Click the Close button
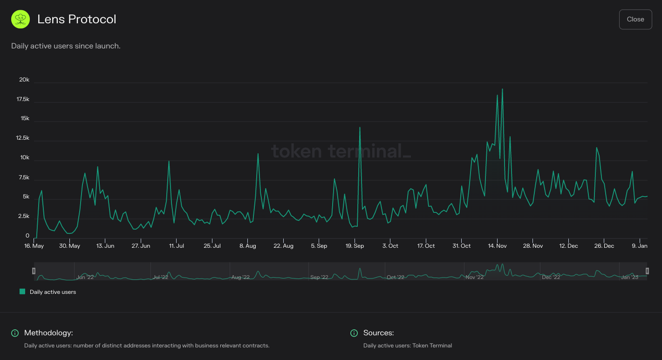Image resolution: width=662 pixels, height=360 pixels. tap(635, 19)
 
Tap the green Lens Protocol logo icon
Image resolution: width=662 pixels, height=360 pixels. tap(20, 20)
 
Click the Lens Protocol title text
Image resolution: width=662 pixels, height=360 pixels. tap(77, 19)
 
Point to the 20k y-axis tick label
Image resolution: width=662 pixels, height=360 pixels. tap(24, 80)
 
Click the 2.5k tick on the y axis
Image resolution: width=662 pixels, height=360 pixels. tap(23, 217)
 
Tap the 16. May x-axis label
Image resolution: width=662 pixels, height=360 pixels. tap(34, 246)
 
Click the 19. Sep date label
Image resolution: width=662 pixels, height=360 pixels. tap(355, 246)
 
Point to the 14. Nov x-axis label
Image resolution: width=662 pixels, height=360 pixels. tap(497, 246)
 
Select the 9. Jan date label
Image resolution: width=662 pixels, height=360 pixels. tap(640, 246)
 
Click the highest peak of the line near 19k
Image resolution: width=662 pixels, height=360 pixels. tap(502, 89)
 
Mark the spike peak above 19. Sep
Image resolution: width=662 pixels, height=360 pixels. tap(360, 128)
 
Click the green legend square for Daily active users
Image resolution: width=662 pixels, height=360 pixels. tap(22, 292)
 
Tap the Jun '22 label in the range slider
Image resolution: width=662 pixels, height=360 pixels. tap(85, 277)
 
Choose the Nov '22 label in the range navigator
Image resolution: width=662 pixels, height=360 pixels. tap(475, 277)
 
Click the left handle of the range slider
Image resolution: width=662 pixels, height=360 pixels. tap(34, 271)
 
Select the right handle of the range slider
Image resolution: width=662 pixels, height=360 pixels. tap(647, 271)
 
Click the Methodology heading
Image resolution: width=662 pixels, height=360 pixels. tap(48, 333)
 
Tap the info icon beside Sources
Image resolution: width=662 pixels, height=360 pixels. tap(354, 333)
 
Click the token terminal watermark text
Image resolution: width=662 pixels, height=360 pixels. tap(341, 151)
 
